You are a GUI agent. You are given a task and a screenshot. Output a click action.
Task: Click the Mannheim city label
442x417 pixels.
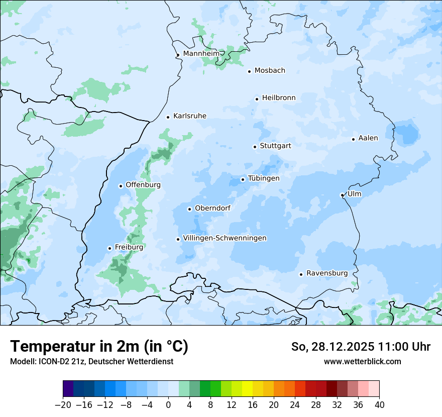[x=201, y=54]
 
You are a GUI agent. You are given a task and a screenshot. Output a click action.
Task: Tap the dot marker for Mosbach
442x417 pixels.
[x=249, y=71]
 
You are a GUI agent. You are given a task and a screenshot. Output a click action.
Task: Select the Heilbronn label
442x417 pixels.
[x=279, y=98]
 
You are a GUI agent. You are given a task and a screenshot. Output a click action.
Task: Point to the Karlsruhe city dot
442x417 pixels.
[x=168, y=117]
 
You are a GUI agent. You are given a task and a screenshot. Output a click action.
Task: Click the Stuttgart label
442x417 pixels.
[x=275, y=146]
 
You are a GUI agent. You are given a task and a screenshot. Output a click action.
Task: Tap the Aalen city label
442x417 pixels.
[x=368, y=138]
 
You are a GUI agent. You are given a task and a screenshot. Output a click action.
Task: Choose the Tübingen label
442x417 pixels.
[x=264, y=178]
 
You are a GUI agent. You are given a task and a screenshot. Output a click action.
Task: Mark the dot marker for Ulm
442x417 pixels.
[x=342, y=195]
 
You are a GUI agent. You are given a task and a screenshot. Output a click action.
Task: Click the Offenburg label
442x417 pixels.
[x=143, y=185]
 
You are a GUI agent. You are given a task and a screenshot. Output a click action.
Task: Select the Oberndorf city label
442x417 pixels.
[x=212, y=208]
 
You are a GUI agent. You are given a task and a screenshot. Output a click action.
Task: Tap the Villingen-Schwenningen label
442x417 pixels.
[x=225, y=238]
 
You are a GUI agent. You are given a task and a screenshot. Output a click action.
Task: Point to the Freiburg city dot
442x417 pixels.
[x=109, y=248]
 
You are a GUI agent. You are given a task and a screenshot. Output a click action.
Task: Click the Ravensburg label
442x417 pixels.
[x=327, y=273]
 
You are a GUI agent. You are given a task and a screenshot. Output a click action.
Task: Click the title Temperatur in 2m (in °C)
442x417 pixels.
[x=99, y=346]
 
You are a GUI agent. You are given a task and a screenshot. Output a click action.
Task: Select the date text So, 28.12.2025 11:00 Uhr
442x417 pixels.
[x=361, y=347]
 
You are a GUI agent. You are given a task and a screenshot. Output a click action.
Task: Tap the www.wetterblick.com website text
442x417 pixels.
[x=362, y=362]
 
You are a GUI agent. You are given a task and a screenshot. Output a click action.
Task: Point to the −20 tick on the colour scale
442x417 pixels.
[x=63, y=405]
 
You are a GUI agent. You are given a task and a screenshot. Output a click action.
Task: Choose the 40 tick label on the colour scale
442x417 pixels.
[x=379, y=405]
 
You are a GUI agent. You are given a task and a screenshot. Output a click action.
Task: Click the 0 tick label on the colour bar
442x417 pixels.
[x=168, y=405]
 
